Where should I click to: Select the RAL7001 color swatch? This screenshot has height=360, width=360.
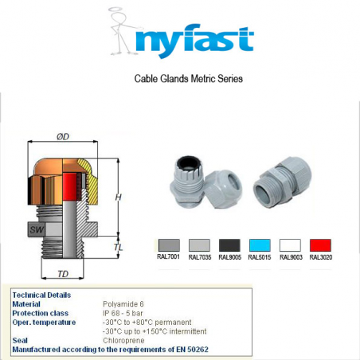[169, 245]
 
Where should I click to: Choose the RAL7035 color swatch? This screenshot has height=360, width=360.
[198, 245]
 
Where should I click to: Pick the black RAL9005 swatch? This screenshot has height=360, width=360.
[229, 245]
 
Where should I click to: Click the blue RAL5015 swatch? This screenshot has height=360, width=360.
[260, 245]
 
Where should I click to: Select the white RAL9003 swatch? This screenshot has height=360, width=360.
[290, 245]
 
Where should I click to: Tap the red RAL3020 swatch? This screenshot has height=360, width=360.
[319, 245]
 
